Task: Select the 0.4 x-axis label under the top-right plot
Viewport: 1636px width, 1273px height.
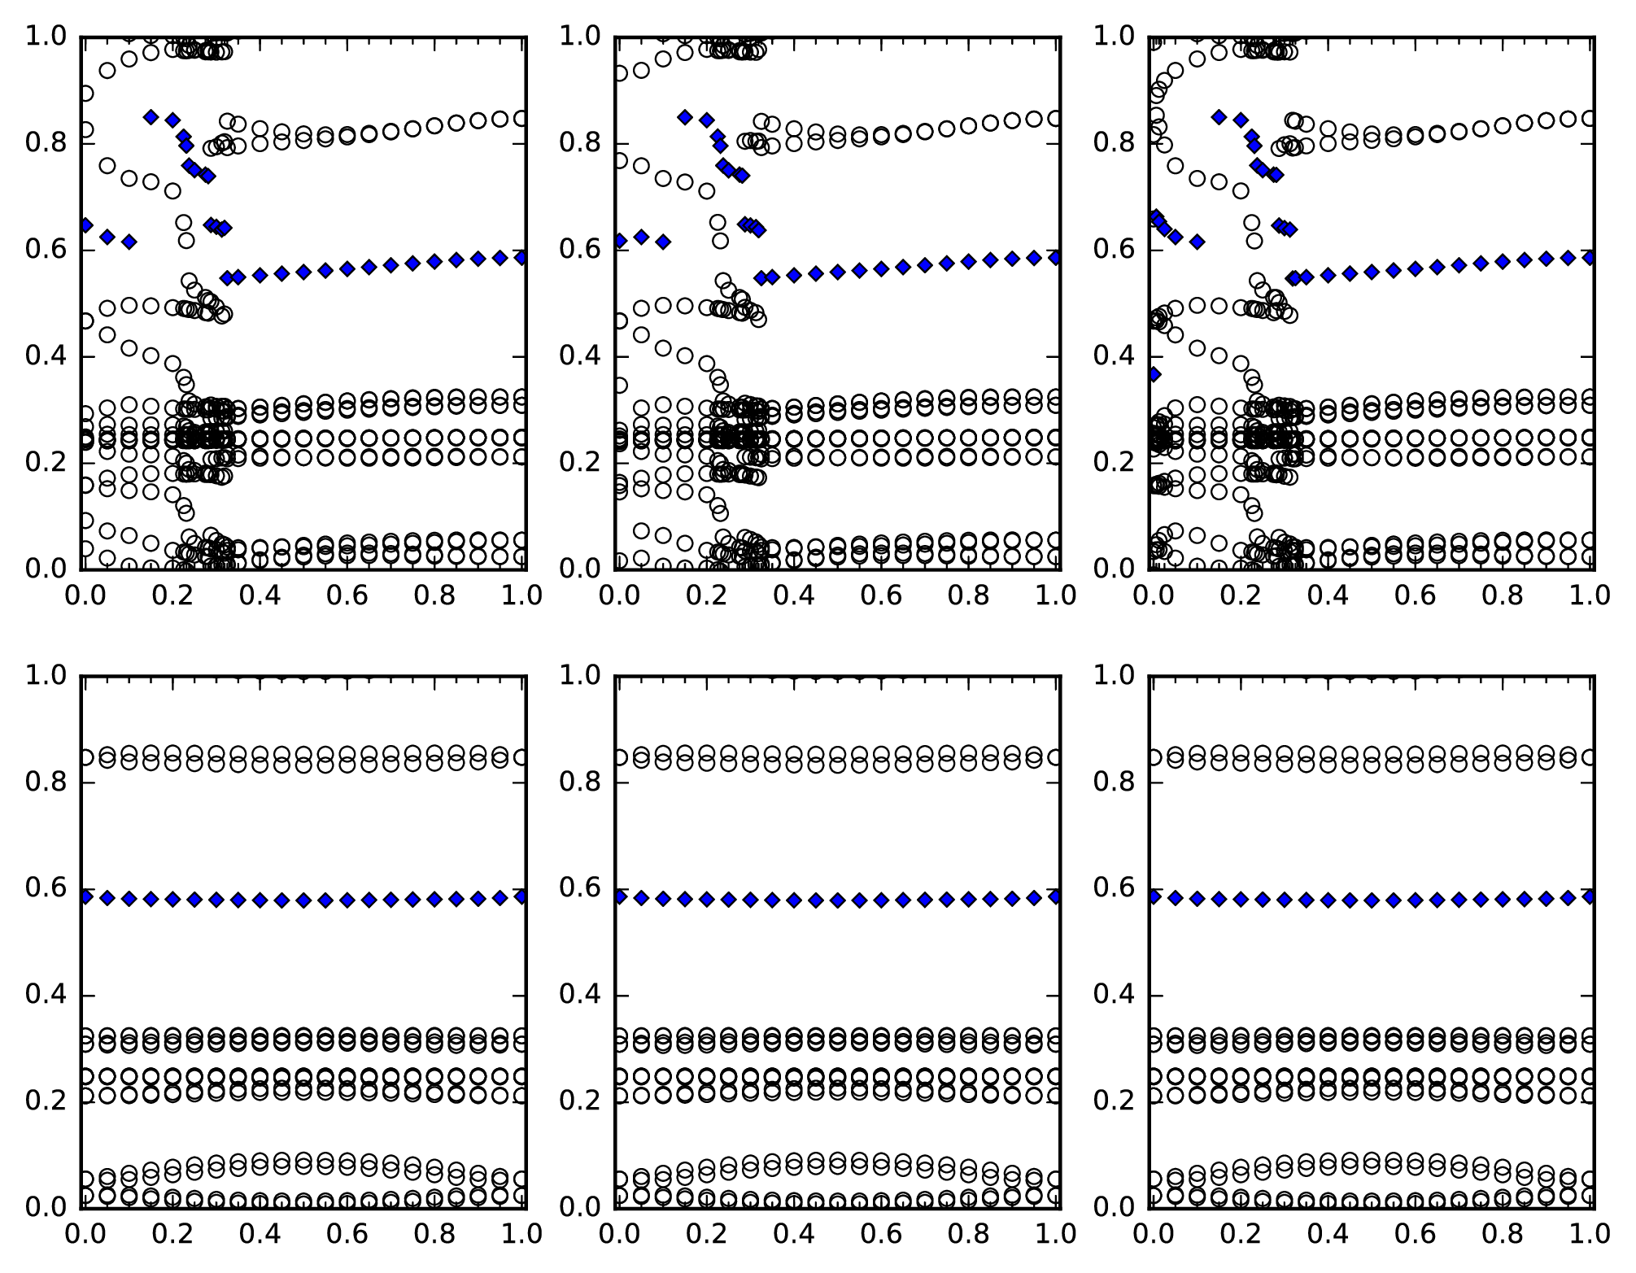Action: (1328, 595)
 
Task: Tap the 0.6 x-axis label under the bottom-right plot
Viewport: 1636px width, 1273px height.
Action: (1416, 1234)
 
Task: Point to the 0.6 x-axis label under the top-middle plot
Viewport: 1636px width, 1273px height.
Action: (882, 595)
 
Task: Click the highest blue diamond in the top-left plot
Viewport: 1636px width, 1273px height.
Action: (151, 116)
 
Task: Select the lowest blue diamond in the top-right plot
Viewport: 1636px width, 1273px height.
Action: (1154, 374)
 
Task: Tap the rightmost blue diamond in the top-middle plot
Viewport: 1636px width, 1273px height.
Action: (1056, 257)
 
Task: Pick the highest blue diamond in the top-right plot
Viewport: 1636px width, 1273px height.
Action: (1219, 116)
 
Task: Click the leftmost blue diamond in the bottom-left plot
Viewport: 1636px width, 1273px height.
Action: (85, 896)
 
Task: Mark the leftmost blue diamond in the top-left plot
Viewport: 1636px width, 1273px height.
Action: (85, 225)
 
